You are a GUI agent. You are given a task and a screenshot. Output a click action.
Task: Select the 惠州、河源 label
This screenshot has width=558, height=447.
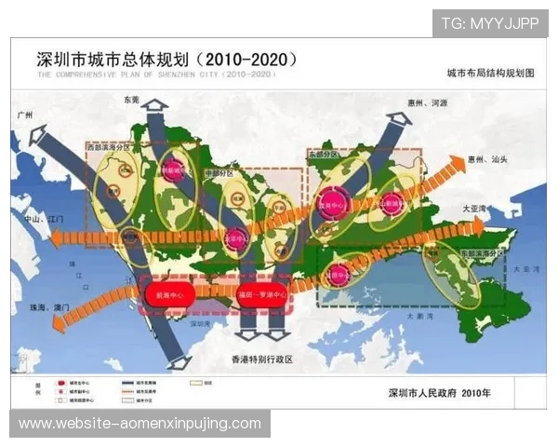coord(427,102)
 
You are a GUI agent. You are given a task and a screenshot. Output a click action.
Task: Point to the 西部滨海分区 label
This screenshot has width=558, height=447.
coord(106,147)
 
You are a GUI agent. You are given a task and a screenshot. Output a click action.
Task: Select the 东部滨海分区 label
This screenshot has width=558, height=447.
coord(479,251)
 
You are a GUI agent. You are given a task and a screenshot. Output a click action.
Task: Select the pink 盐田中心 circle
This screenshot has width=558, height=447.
coord(339,275)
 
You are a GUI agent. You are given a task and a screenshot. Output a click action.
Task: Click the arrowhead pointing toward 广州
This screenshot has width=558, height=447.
coord(39,137)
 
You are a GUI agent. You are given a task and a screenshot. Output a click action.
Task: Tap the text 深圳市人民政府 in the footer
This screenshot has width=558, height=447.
coord(424,393)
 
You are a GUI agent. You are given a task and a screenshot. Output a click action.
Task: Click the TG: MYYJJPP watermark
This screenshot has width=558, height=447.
coord(489,22)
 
